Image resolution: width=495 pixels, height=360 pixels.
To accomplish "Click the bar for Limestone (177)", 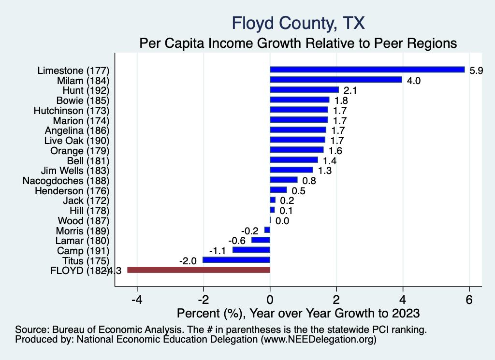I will coord(367,70).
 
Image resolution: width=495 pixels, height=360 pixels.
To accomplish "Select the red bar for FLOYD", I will coord(198,270).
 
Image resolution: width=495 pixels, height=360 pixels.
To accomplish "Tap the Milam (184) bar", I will coord(336,80).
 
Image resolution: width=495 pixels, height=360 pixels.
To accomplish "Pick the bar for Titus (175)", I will coord(236,260).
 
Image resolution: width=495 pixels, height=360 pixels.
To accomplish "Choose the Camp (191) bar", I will coord(251,250).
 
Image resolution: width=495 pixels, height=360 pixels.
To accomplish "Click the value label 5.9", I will coord(477,71).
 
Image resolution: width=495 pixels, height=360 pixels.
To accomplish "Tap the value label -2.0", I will coord(188,261).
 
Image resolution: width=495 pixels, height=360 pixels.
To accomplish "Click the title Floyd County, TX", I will coord(298,23).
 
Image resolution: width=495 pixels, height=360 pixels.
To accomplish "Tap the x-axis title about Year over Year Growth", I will coord(298,314).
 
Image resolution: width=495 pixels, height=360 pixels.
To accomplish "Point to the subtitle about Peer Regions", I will coord(298,43).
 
